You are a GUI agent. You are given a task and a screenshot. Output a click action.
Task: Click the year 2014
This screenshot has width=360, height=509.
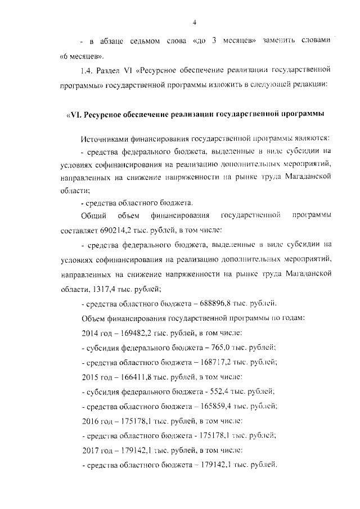pyautogui.click(x=91, y=333)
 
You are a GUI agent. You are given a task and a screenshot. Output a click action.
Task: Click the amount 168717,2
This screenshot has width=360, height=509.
pyautogui.click(x=213, y=362)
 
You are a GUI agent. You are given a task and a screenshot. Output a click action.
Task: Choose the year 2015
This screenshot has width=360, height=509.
pyautogui.click(x=91, y=377)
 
